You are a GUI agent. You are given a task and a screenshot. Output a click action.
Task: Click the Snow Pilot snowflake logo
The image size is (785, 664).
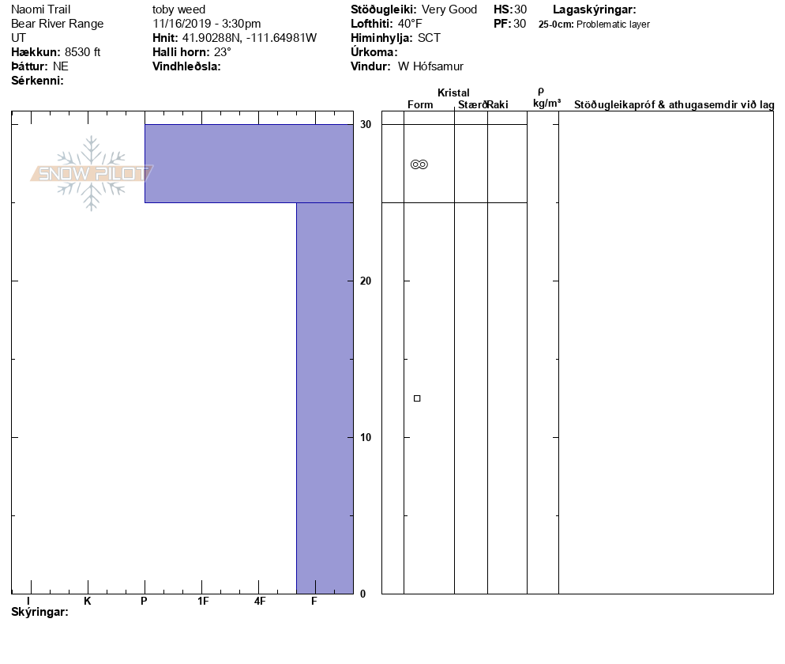pyautogui.click(x=92, y=173)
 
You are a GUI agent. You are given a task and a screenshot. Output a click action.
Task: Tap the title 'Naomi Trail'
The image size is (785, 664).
pyautogui.click(x=41, y=9)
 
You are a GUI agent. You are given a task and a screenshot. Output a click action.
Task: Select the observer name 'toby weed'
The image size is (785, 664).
pyautogui.click(x=178, y=9)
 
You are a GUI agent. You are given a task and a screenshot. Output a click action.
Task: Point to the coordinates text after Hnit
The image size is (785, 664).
pyautogui.click(x=250, y=38)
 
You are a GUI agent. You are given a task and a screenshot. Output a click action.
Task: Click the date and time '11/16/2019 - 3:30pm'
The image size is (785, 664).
pyautogui.click(x=207, y=24)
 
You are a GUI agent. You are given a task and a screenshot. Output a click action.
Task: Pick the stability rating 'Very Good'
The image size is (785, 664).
pyautogui.click(x=449, y=9)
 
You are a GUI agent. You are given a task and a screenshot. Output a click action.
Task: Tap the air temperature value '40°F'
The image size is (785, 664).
pyautogui.click(x=409, y=24)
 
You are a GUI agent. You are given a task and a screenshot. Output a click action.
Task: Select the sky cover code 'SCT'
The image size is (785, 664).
pyautogui.click(x=430, y=38)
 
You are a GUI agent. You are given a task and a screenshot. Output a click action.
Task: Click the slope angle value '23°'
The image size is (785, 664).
pyautogui.click(x=223, y=52)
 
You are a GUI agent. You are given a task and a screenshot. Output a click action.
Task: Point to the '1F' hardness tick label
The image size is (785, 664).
pyautogui.click(x=203, y=602)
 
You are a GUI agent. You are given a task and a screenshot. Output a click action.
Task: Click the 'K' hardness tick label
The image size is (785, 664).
pyautogui.click(x=88, y=602)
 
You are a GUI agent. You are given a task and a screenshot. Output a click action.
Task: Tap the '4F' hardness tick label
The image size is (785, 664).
pyautogui.click(x=260, y=602)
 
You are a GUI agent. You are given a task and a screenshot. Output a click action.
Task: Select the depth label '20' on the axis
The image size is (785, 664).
pyautogui.click(x=365, y=281)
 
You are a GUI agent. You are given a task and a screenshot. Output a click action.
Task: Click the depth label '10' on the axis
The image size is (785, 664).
pyautogui.click(x=365, y=438)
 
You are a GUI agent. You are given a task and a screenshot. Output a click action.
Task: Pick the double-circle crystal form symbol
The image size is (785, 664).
pyautogui.click(x=419, y=164)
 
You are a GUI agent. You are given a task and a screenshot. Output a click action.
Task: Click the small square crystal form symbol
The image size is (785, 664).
pyautogui.click(x=417, y=398)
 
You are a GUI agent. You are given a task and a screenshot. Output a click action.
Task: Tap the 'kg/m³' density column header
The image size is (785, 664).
pyautogui.click(x=546, y=104)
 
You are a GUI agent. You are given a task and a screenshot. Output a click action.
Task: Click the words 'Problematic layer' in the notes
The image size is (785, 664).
pyautogui.click(x=614, y=25)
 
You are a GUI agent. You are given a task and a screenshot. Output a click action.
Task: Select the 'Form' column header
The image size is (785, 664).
pyautogui.click(x=420, y=105)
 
